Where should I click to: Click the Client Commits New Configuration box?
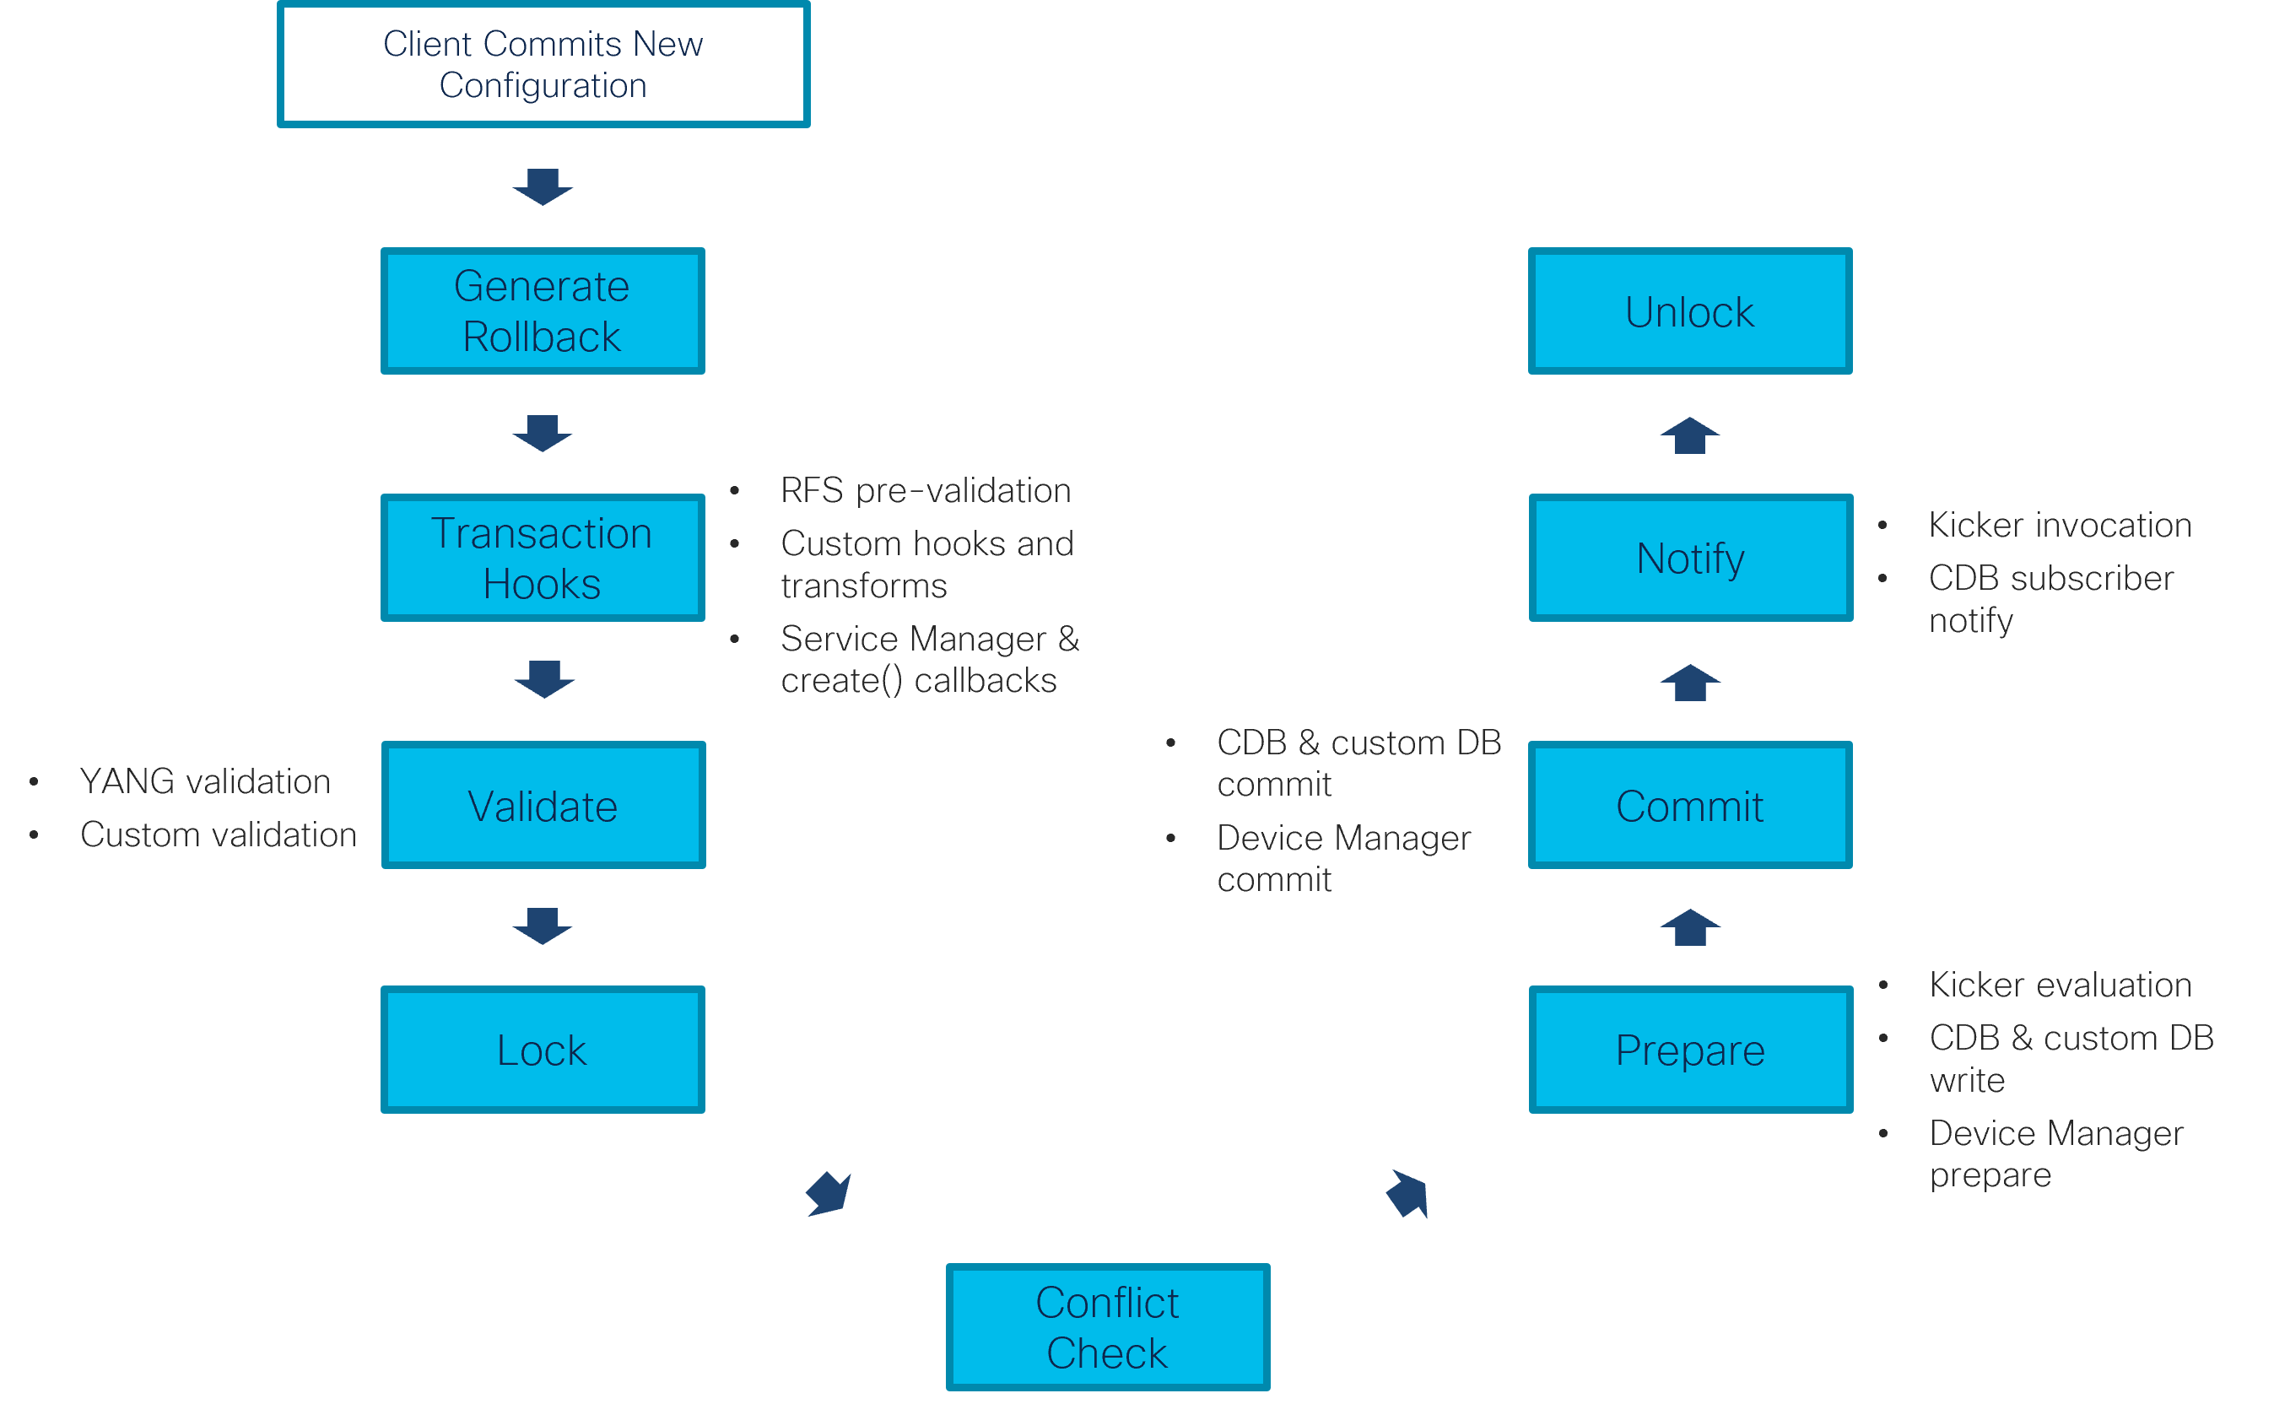click(x=543, y=63)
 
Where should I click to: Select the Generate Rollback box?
click(x=543, y=311)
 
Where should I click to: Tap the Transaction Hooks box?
click(x=543, y=558)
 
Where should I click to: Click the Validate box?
click(x=543, y=805)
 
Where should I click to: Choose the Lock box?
click(x=543, y=1050)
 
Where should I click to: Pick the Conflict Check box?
click(x=1107, y=1327)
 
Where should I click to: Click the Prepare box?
click(x=1690, y=1050)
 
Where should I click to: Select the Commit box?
click(x=1690, y=805)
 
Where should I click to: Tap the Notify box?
click(x=1690, y=558)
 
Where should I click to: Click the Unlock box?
click(x=1690, y=311)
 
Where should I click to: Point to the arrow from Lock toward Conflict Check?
click(x=829, y=1194)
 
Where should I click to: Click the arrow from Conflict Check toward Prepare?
click(x=1407, y=1194)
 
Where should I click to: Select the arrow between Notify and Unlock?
click(x=1690, y=435)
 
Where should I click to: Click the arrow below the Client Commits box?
click(x=543, y=186)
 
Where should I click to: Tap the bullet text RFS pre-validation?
click(x=926, y=490)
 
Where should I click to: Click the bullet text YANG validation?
click(x=205, y=782)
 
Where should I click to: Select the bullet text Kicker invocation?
click(x=2060, y=526)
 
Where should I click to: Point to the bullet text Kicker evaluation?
click(x=2060, y=985)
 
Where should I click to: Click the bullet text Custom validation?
click(x=219, y=834)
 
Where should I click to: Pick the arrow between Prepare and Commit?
click(x=1690, y=927)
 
